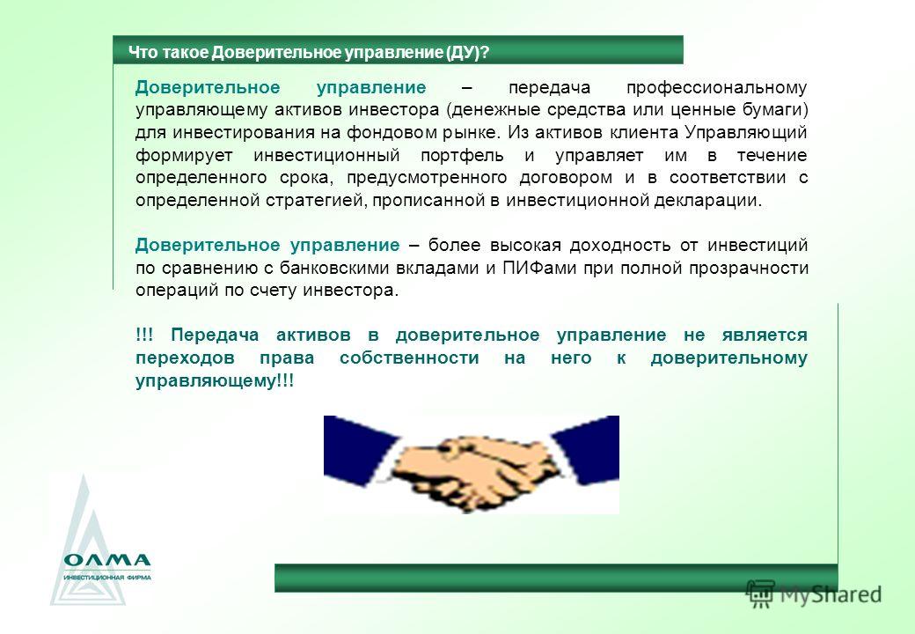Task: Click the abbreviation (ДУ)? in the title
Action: click(467, 53)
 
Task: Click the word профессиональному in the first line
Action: click(716, 88)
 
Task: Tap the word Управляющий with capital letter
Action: click(746, 133)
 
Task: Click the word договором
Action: click(566, 178)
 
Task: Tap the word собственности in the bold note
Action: click(409, 358)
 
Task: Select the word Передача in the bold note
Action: click(214, 335)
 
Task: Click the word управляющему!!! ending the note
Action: click(215, 381)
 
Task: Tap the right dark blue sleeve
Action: click(587, 448)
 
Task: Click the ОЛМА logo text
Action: click(107, 560)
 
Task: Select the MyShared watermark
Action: click(814, 595)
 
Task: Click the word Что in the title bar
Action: click(143, 53)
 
